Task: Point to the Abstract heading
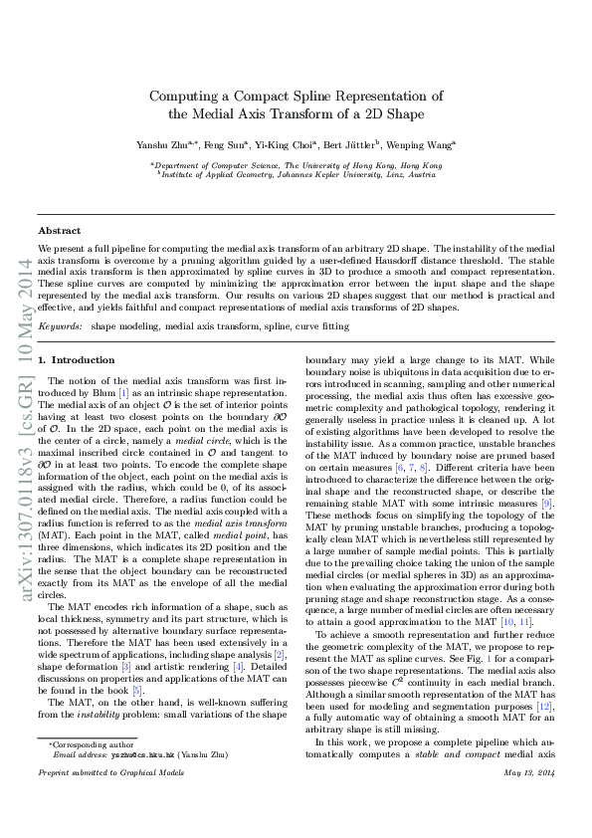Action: click(x=59, y=230)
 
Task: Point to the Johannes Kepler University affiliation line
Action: click(x=296, y=174)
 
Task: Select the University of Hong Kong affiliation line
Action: click(x=296, y=165)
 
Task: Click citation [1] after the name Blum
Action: click(x=122, y=393)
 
